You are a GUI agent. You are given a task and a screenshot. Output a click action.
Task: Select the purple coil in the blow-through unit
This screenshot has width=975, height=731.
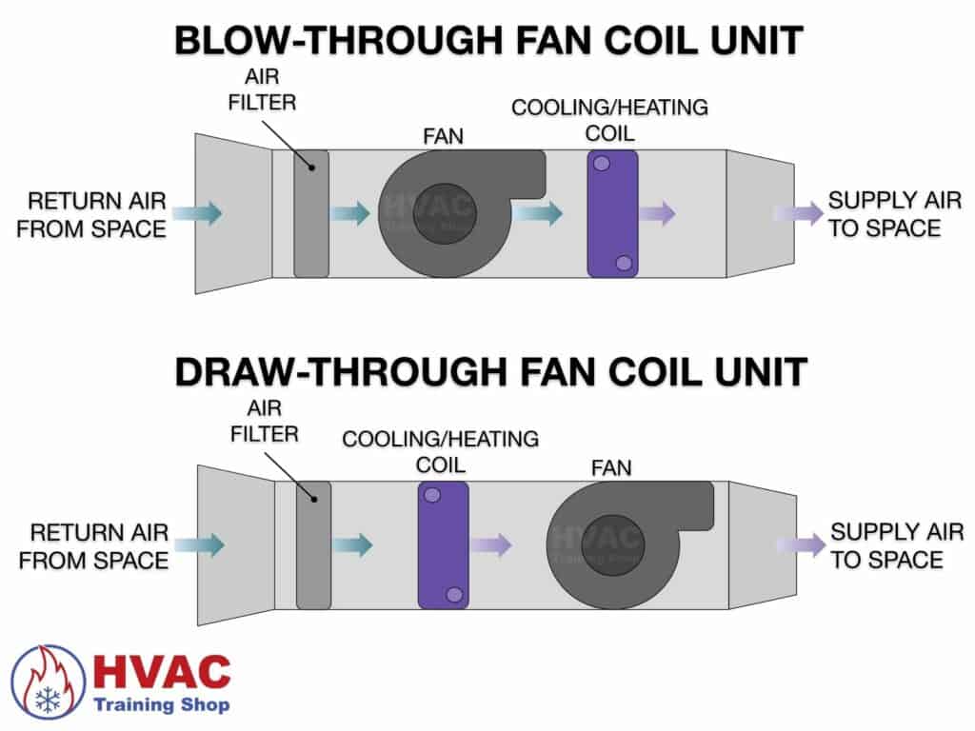612,215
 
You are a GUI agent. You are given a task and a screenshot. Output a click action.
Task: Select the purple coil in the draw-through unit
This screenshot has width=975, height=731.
443,544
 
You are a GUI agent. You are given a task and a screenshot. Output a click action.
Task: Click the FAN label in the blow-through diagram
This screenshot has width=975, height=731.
443,136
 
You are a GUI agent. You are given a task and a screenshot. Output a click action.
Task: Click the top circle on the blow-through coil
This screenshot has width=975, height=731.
602,164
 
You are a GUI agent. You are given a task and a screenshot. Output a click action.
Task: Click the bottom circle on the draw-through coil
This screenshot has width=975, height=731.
454,594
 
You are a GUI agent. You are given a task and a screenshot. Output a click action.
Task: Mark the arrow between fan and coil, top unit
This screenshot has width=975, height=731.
538,213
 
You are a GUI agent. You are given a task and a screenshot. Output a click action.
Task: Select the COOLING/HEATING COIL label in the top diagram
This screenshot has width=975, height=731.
609,119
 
